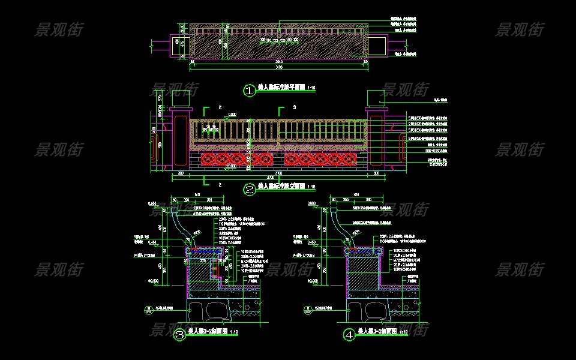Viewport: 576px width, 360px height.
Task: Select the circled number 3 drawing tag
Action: click(x=179, y=335)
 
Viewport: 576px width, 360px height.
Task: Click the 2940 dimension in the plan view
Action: click(x=278, y=61)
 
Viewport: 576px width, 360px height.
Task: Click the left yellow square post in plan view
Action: click(x=180, y=45)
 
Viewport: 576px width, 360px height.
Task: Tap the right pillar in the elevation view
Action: click(x=377, y=139)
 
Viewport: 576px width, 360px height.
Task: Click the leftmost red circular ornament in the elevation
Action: click(x=209, y=160)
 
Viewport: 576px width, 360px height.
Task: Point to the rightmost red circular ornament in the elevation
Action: click(x=348, y=160)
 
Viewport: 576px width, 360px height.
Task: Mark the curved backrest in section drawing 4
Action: click(x=340, y=229)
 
